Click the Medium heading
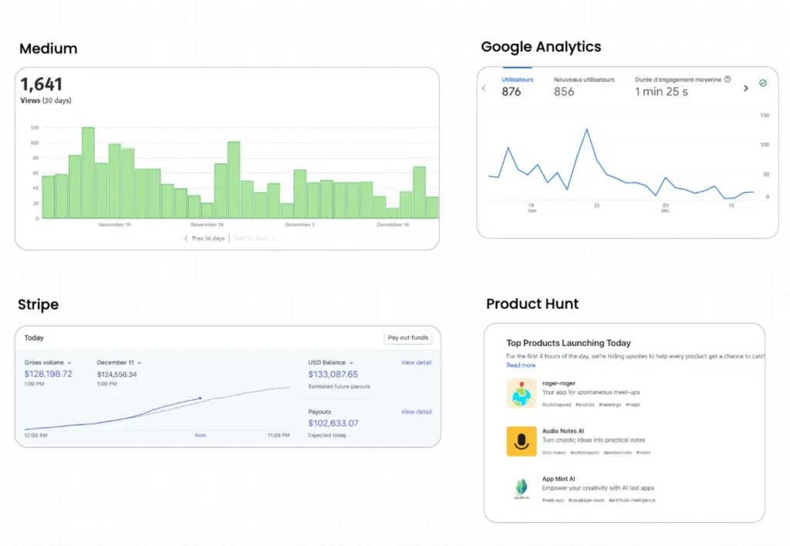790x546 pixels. click(48, 49)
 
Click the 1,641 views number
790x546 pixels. click(42, 84)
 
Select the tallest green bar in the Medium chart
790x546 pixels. click(88, 172)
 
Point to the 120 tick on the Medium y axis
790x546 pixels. click(35, 128)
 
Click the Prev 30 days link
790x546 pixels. click(204, 239)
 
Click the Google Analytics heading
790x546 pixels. click(541, 47)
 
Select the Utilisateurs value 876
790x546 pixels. click(511, 92)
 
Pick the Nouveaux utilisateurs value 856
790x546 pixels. click(564, 92)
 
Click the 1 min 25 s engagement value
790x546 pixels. click(661, 92)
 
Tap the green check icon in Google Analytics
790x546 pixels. click(763, 83)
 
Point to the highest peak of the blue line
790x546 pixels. click(587, 130)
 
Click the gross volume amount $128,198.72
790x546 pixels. click(49, 374)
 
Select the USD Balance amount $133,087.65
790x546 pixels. click(333, 375)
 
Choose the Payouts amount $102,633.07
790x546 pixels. click(333, 423)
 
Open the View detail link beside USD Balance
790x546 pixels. click(416, 362)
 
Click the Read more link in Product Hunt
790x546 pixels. click(521, 365)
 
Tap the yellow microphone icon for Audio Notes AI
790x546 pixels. click(522, 441)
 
